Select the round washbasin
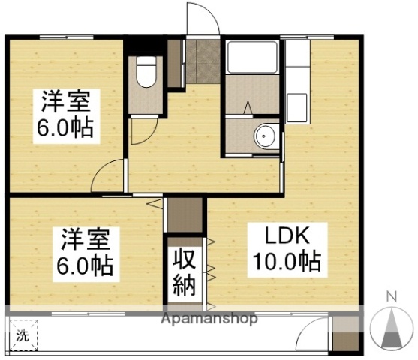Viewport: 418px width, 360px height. (x=263, y=137)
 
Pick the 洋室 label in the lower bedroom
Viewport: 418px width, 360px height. (x=85, y=241)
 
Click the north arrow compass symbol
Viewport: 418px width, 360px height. (x=391, y=329)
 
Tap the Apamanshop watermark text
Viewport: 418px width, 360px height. (x=209, y=318)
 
